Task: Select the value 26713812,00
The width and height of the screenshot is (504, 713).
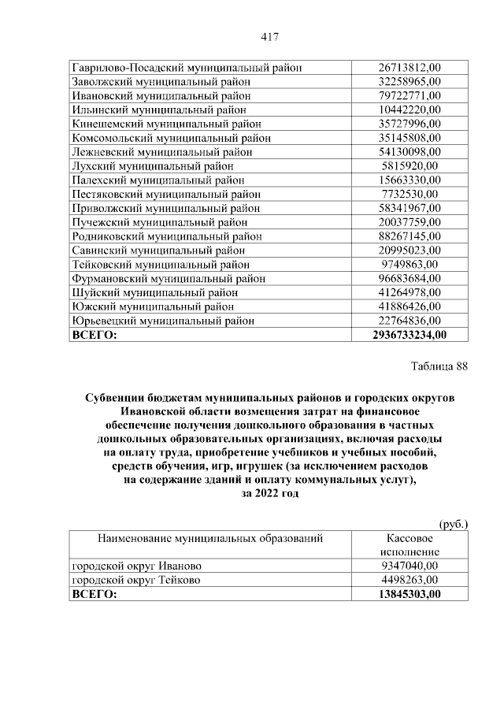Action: (409, 67)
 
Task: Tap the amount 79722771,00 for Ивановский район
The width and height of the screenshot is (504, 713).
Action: (409, 95)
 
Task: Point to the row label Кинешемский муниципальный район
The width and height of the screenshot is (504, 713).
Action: (166, 124)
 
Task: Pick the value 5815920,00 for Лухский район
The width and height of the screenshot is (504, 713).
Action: (409, 166)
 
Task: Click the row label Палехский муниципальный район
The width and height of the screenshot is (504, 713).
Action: (158, 180)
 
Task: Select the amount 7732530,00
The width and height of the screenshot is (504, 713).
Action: (409, 194)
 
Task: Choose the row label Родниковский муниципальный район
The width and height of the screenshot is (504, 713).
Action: (167, 236)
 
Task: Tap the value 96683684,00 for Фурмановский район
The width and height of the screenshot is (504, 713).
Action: (409, 278)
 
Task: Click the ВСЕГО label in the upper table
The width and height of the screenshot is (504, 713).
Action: (94, 335)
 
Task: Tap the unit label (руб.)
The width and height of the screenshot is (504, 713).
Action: (453, 523)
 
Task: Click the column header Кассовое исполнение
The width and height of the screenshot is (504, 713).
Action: (409, 545)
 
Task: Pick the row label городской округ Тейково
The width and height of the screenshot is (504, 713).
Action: (135, 580)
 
